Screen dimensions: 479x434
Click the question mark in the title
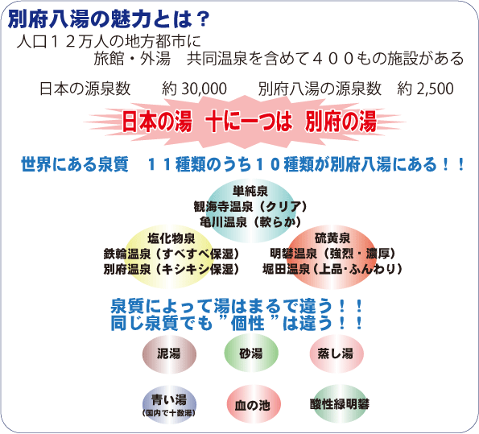201,19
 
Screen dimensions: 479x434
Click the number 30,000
204,89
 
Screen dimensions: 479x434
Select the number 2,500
435,89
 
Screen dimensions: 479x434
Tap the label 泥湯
169,353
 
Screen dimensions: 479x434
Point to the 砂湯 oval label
251,353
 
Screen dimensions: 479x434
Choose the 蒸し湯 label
336,353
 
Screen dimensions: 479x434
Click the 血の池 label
252,405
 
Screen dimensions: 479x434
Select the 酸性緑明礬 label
340,404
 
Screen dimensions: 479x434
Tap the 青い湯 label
169,399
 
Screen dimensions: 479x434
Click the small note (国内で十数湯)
169,413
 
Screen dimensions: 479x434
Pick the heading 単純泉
250,192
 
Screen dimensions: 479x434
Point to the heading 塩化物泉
171,238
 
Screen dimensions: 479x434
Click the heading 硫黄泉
332,238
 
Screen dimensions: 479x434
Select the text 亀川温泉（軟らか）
250,222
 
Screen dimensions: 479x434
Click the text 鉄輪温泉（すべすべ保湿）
171,254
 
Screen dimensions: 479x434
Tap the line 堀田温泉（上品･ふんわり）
332,269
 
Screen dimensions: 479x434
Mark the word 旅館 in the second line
109,58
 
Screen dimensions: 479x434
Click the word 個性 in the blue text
248,323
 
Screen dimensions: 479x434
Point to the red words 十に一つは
249,122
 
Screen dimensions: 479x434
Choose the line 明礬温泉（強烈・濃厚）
332,254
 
